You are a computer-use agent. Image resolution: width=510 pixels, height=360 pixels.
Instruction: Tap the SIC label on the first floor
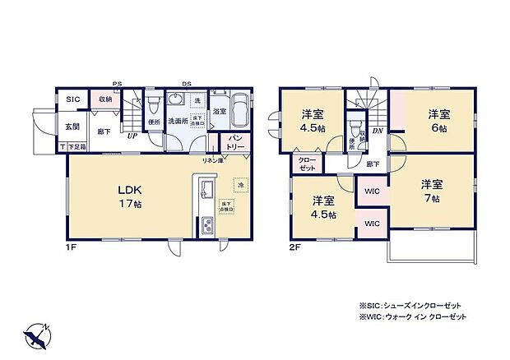point(72,99)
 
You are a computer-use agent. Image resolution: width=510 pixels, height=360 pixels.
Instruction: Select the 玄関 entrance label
point(72,126)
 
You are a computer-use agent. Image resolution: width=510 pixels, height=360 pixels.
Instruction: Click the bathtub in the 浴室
point(241,109)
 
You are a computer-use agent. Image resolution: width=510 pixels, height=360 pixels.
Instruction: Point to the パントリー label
point(236,141)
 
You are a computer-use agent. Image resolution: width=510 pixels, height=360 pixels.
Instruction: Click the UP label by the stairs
point(131,136)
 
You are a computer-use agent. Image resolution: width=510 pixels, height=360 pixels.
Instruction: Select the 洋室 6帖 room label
point(437,121)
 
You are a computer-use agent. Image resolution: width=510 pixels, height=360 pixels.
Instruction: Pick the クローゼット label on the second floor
point(306,164)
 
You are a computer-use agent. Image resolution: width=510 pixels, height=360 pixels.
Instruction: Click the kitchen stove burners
point(206,224)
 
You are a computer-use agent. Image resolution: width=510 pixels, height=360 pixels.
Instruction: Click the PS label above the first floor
point(118,83)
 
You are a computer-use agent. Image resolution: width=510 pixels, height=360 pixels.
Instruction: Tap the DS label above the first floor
point(187,83)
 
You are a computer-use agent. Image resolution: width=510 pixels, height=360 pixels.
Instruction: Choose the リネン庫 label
point(212,160)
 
